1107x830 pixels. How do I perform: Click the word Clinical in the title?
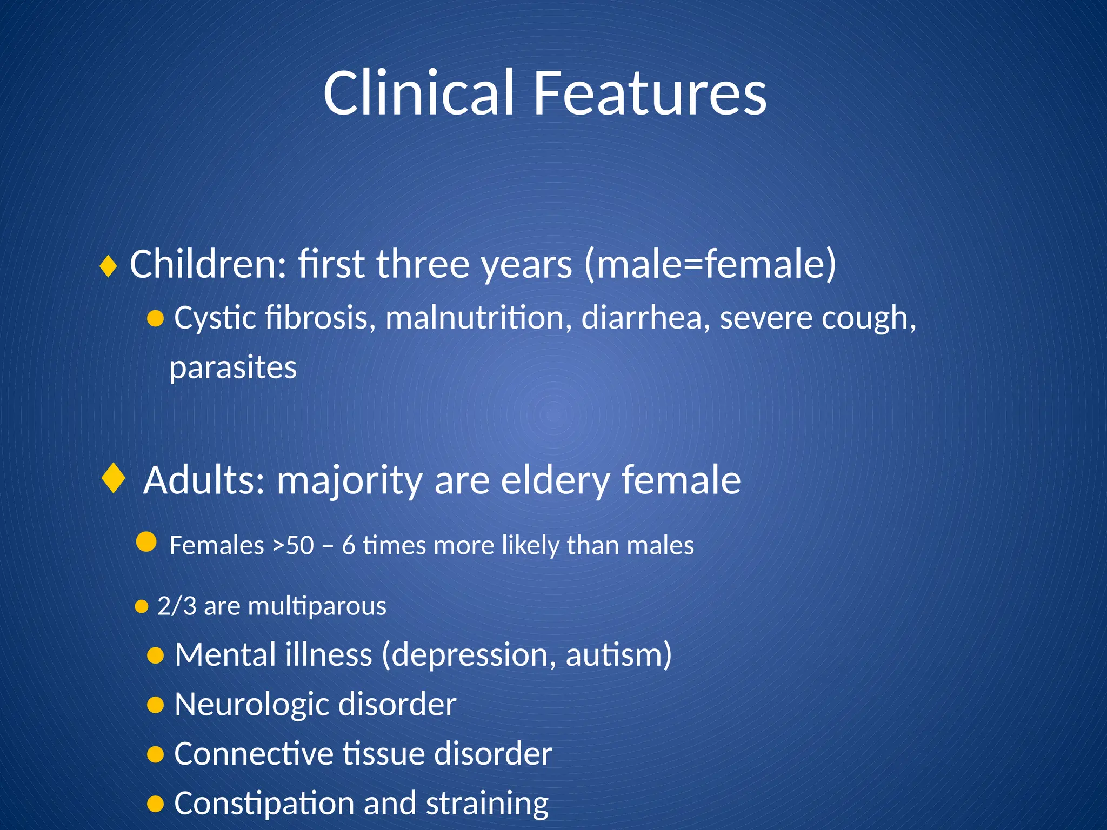click(418, 93)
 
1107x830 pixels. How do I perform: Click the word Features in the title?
click(650, 93)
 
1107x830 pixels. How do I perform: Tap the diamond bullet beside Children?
click(109, 266)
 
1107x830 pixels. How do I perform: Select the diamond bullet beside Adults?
click(114, 478)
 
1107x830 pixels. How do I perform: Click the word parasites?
click(233, 368)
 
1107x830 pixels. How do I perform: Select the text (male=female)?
click(710, 265)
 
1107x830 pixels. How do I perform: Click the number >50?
click(292, 545)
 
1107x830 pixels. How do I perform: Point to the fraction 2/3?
click(177, 606)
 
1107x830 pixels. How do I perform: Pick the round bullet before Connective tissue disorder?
click(155, 754)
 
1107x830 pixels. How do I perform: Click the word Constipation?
click(264, 804)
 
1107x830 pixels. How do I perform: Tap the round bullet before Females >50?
click(146, 541)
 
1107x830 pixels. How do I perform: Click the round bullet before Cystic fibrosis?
click(155, 319)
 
